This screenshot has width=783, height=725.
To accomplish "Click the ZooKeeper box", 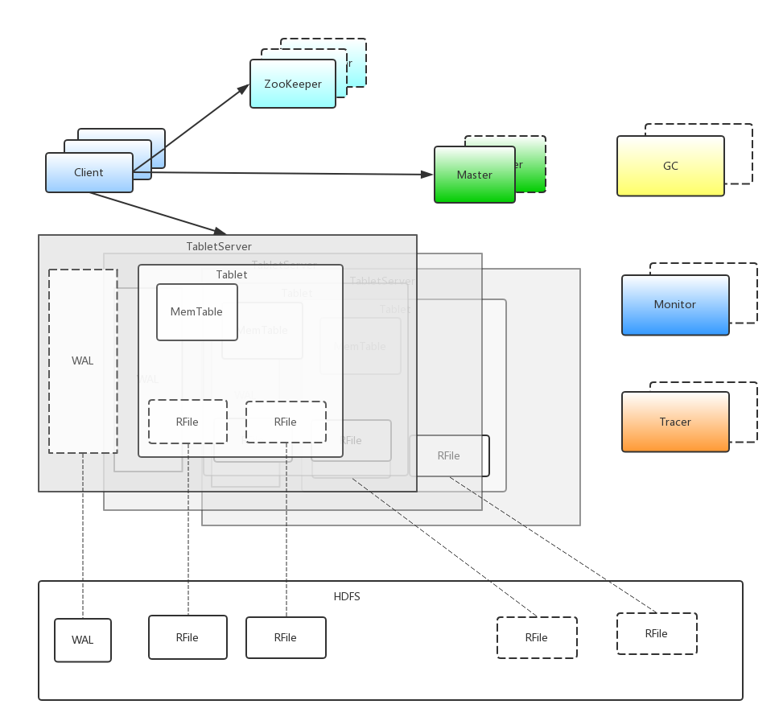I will (x=292, y=84).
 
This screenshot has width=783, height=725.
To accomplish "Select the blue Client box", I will (x=89, y=172).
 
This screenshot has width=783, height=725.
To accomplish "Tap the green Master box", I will (x=474, y=175).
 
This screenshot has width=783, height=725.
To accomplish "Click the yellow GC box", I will (x=670, y=166).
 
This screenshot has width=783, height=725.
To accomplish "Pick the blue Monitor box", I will (x=675, y=305).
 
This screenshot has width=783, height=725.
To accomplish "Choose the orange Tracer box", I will (x=675, y=422).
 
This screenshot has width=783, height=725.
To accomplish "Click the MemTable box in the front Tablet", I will (x=196, y=312).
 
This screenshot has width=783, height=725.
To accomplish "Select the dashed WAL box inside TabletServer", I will (x=82, y=360).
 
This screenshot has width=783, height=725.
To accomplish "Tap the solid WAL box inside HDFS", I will (x=82, y=640).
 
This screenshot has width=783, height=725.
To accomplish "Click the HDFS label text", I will (x=347, y=596).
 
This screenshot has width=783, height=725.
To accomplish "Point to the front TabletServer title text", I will (x=219, y=246).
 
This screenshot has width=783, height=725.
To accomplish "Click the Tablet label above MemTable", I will (x=232, y=274).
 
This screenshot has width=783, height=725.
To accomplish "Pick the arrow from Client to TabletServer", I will (x=157, y=212).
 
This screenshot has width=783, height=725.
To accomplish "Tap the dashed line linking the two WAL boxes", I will (x=82, y=535).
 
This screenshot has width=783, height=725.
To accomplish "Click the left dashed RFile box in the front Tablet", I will (x=188, y=422).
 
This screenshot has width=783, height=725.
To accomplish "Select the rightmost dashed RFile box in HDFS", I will (x=656, y=633).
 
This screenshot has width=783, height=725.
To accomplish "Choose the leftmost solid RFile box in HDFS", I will (x=188, y=637).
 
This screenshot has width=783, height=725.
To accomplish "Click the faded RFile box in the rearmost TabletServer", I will (x=448, y=455).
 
